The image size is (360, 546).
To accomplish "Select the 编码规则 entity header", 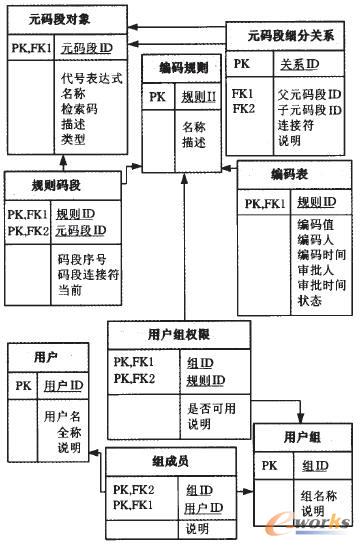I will click(183, 68).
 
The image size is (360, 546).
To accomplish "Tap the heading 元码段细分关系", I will click(291, 36).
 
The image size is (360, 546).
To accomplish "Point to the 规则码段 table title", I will click(57, 185).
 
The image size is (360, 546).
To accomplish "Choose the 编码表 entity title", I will click(288, 174).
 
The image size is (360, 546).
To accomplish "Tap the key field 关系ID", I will click(299, 64).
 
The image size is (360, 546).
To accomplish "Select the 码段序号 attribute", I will click(79, 258).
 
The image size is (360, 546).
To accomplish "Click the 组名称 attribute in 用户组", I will click(320, 495).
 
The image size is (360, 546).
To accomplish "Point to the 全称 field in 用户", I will click(69, 432).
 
